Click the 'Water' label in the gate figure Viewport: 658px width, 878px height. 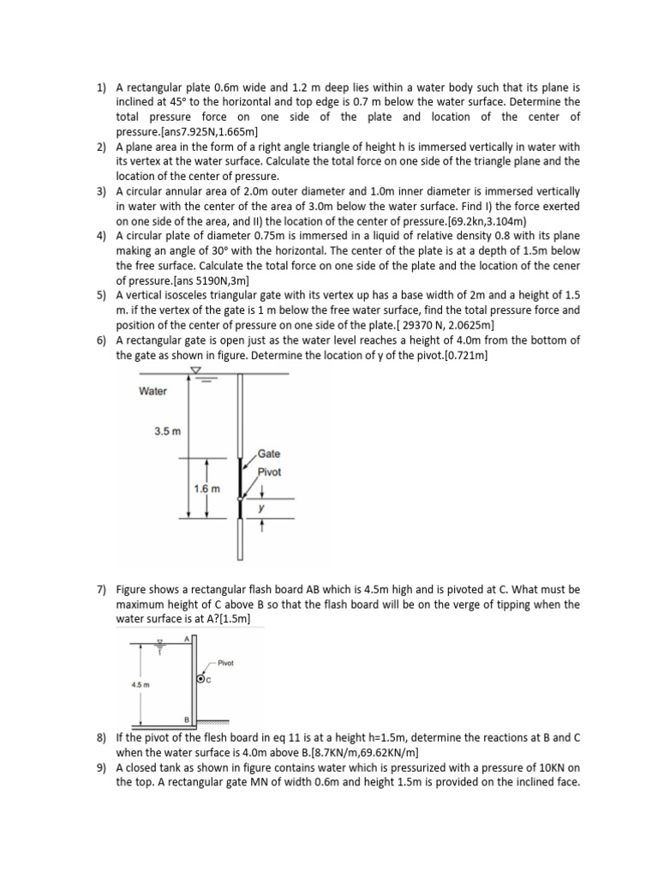[x=153, y=392]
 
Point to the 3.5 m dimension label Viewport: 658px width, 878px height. [x=167, y=431]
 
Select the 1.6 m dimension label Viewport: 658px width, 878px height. [x=207, y=489]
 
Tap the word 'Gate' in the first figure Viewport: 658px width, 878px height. [x=269, y=454]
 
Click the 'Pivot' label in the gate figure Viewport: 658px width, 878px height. [x=270, y=472]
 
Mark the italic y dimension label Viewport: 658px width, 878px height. [x=262, y=508]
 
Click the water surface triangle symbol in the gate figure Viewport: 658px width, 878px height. [x=196, y=370]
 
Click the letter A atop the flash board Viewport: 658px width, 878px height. [x=186, y=638]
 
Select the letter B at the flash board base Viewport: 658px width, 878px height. [x=186, y=718]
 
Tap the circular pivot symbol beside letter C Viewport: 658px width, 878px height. [x=200, y=679]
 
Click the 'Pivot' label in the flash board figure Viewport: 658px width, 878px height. [x=226, y=663]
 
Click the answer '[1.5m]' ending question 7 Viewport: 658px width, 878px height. [x=230, y=619]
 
